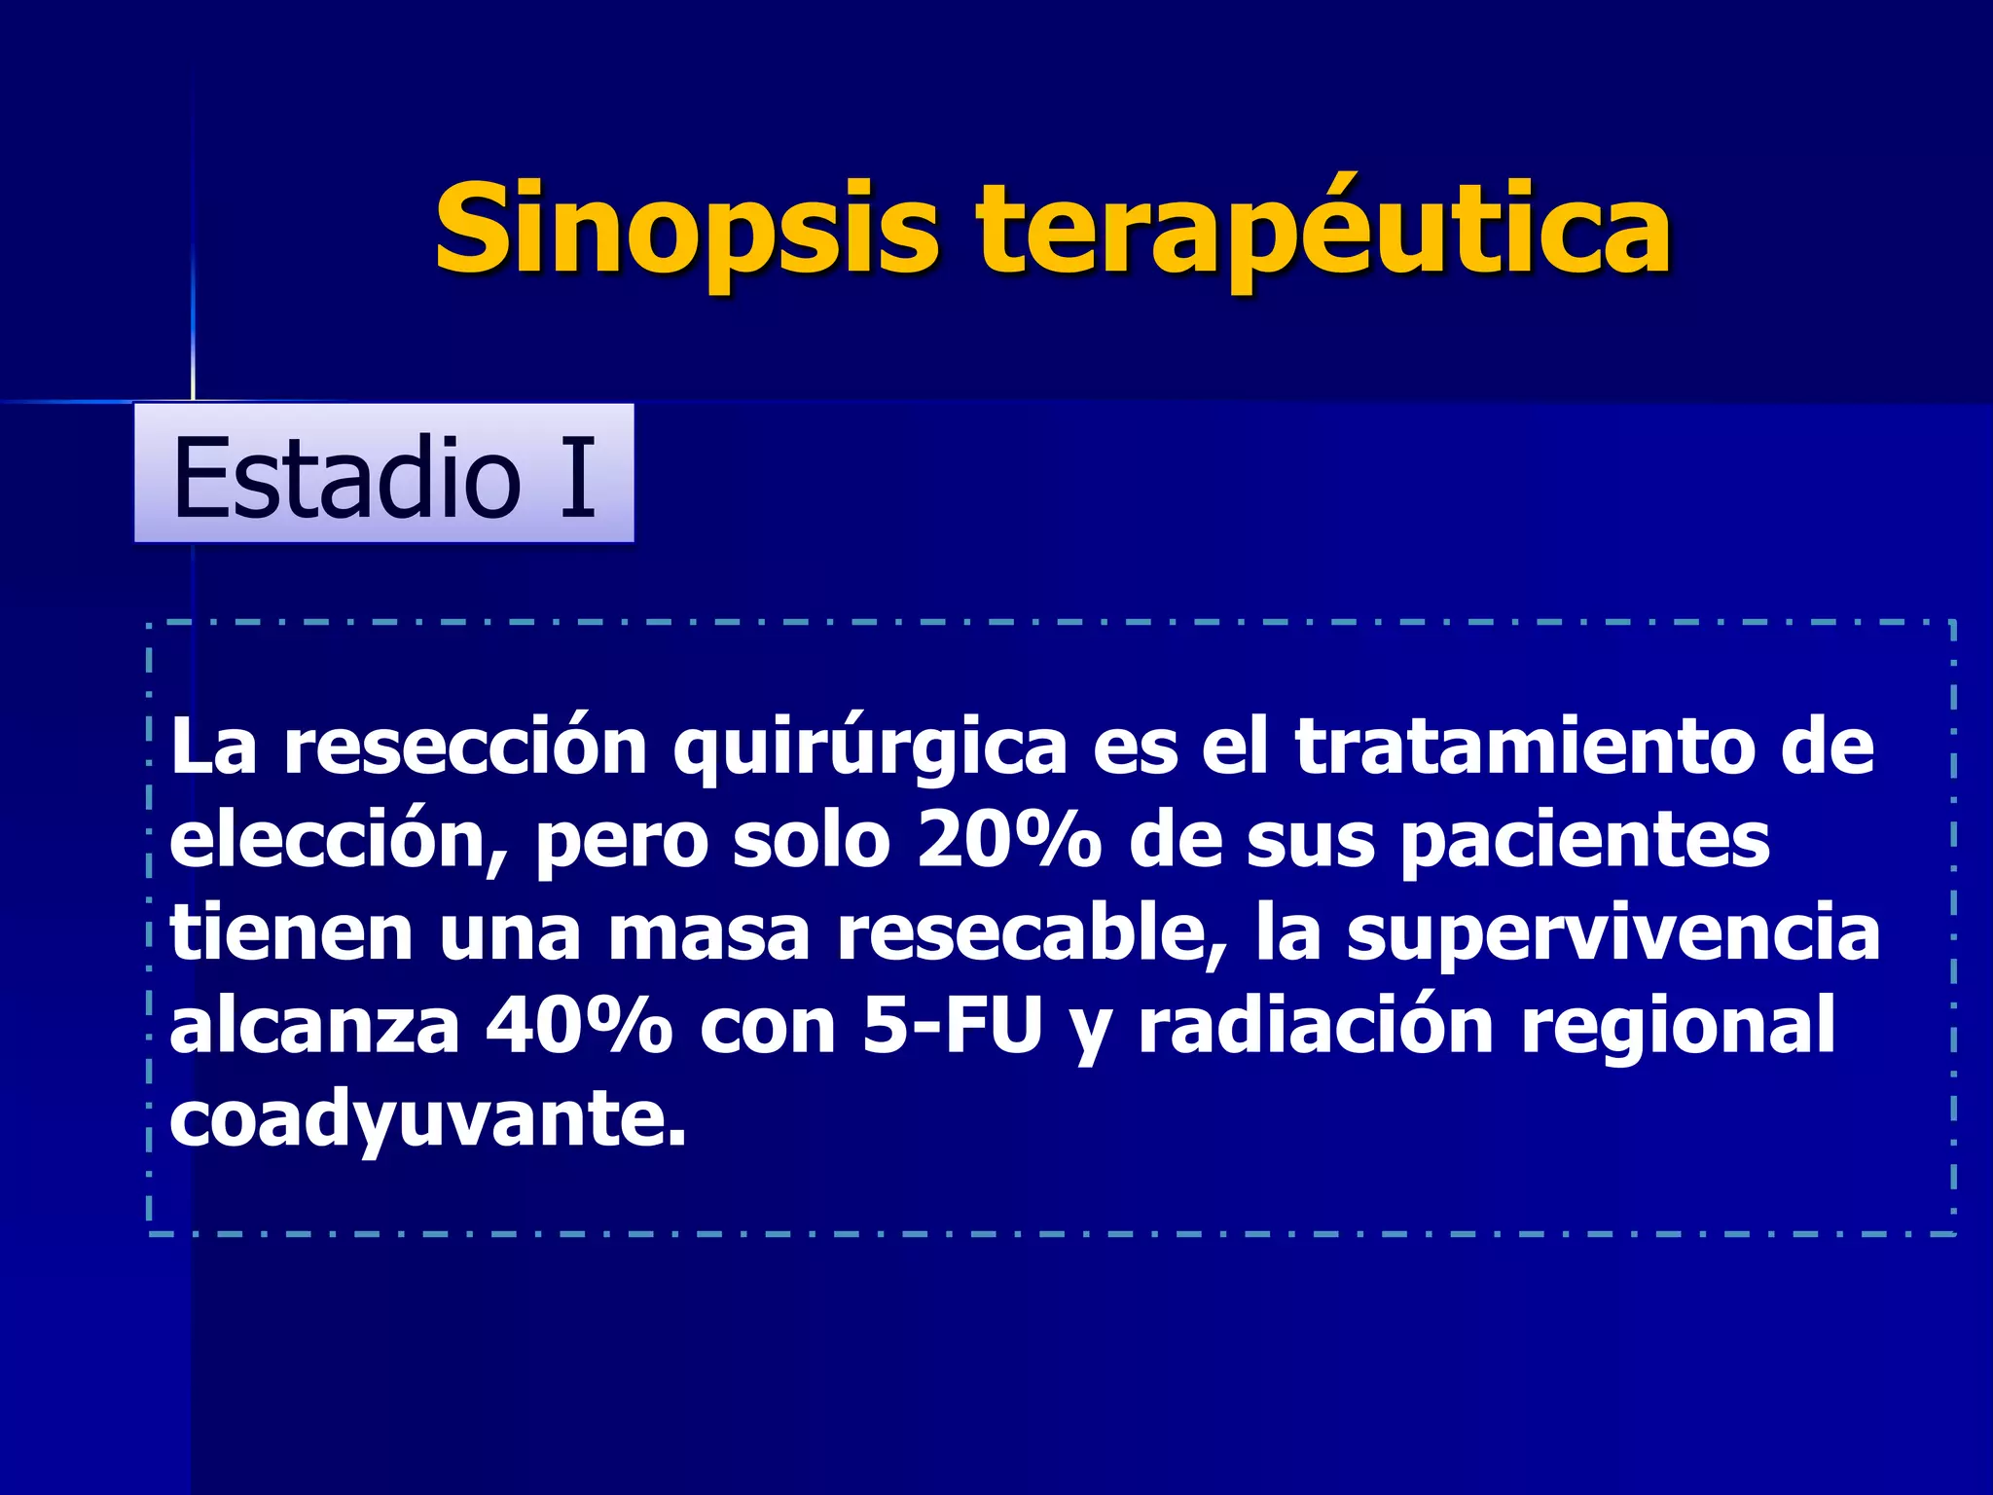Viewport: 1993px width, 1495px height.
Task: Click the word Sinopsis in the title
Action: (686, 229)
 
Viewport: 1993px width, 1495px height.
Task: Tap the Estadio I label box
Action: (383, 474)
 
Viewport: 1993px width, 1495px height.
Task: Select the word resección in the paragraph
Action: (465, 747)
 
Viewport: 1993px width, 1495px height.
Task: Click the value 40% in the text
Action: (579, 1026)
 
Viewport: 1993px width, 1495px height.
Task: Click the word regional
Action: (1678, 1026)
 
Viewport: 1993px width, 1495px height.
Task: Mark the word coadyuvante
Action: (428, 1118)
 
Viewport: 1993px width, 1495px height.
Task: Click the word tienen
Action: (292, 932)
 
